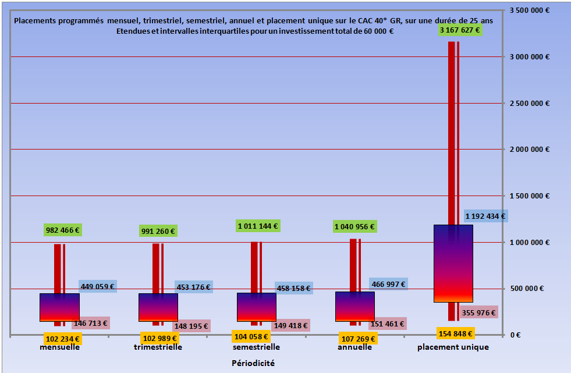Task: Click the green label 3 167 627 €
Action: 460,30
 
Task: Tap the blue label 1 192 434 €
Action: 485,216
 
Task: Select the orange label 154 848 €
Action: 455,333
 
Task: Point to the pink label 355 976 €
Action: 478,312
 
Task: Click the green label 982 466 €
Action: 63,230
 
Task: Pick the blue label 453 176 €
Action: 193,286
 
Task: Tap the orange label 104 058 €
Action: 250,336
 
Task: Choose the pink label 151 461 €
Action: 387,324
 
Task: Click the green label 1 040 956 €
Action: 354,226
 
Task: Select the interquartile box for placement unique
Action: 453,263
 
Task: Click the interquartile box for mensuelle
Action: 59,307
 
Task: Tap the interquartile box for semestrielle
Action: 256,307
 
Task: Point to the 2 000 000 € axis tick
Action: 530,150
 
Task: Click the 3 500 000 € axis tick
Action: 530,10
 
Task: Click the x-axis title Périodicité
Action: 250,363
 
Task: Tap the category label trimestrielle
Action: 158,347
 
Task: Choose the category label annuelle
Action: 354,347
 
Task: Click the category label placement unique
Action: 453,347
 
